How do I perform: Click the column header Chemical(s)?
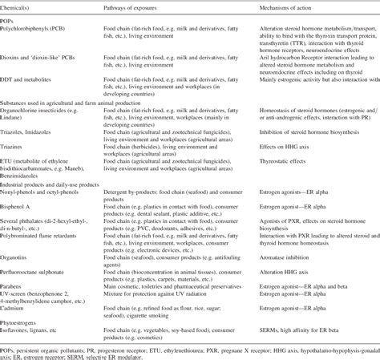[22, 6]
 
